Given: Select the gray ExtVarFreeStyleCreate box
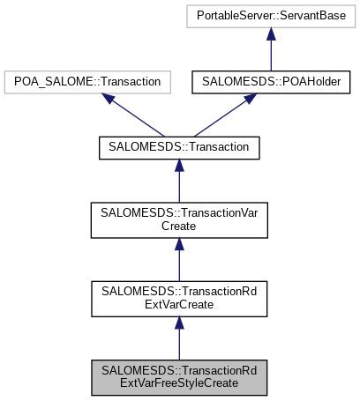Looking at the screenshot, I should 179,377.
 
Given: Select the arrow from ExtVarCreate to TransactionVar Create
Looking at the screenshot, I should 179,261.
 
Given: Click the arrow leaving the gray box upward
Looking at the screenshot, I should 179,339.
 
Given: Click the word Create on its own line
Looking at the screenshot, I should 179,227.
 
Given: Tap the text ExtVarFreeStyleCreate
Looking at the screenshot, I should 179,384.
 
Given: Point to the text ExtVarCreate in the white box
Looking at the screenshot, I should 179,306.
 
